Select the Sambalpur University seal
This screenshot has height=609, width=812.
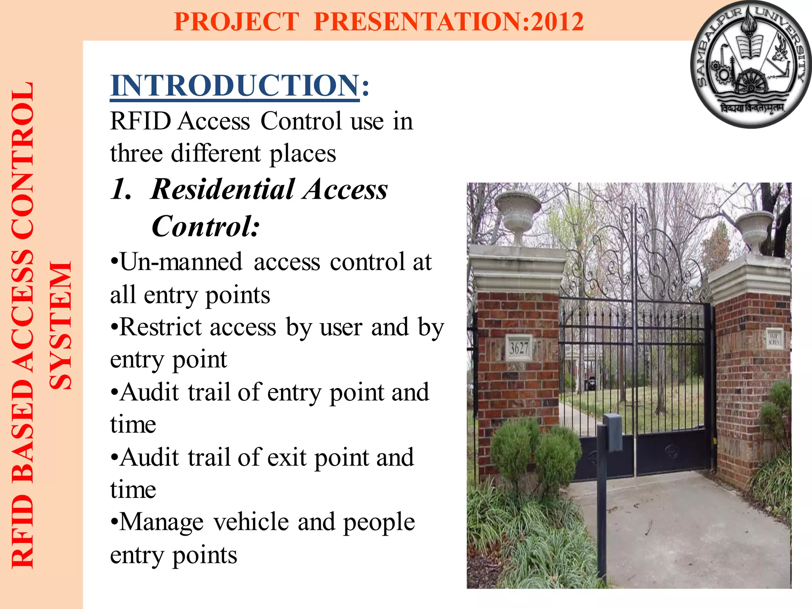point(751,64)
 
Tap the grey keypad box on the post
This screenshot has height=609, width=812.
point(613,432)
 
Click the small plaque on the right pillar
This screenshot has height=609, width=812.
point(774,338)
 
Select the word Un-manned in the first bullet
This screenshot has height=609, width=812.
point(181,262)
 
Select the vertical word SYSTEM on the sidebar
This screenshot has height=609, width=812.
point(60,325)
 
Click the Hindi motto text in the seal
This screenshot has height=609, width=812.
point(752,108)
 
